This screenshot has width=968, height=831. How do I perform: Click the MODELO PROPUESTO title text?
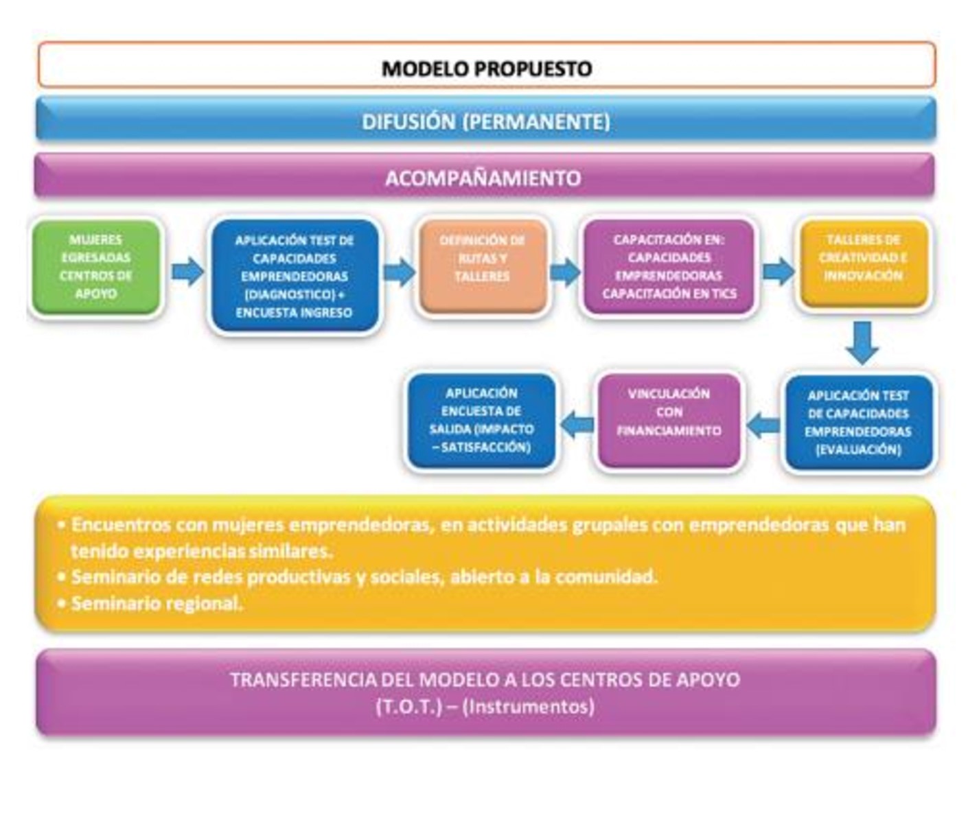coord(486,69)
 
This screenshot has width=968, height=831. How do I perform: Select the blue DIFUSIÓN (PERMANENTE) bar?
coord(485,121)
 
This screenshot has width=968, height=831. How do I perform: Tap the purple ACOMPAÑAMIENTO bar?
coord(483,178)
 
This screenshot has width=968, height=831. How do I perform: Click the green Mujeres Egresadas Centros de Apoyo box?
coord(96,267)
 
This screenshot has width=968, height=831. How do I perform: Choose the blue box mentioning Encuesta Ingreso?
coord(294,276)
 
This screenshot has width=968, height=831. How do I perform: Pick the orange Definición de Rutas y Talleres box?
coord(482,266)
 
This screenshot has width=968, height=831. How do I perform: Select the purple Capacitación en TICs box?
coord(669,267)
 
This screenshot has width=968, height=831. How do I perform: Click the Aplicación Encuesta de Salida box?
coord(481,421)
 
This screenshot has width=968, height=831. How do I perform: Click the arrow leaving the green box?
coord(187,271)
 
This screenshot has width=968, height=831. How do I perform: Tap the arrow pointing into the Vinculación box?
coord(763,426)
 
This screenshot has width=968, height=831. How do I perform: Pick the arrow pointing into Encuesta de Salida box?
coord(577,425)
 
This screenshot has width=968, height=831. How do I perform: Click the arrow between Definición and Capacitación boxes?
coord(564,272)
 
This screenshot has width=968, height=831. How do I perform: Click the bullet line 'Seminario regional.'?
coord(157,604)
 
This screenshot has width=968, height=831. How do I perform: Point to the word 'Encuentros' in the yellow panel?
coord(121,525)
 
